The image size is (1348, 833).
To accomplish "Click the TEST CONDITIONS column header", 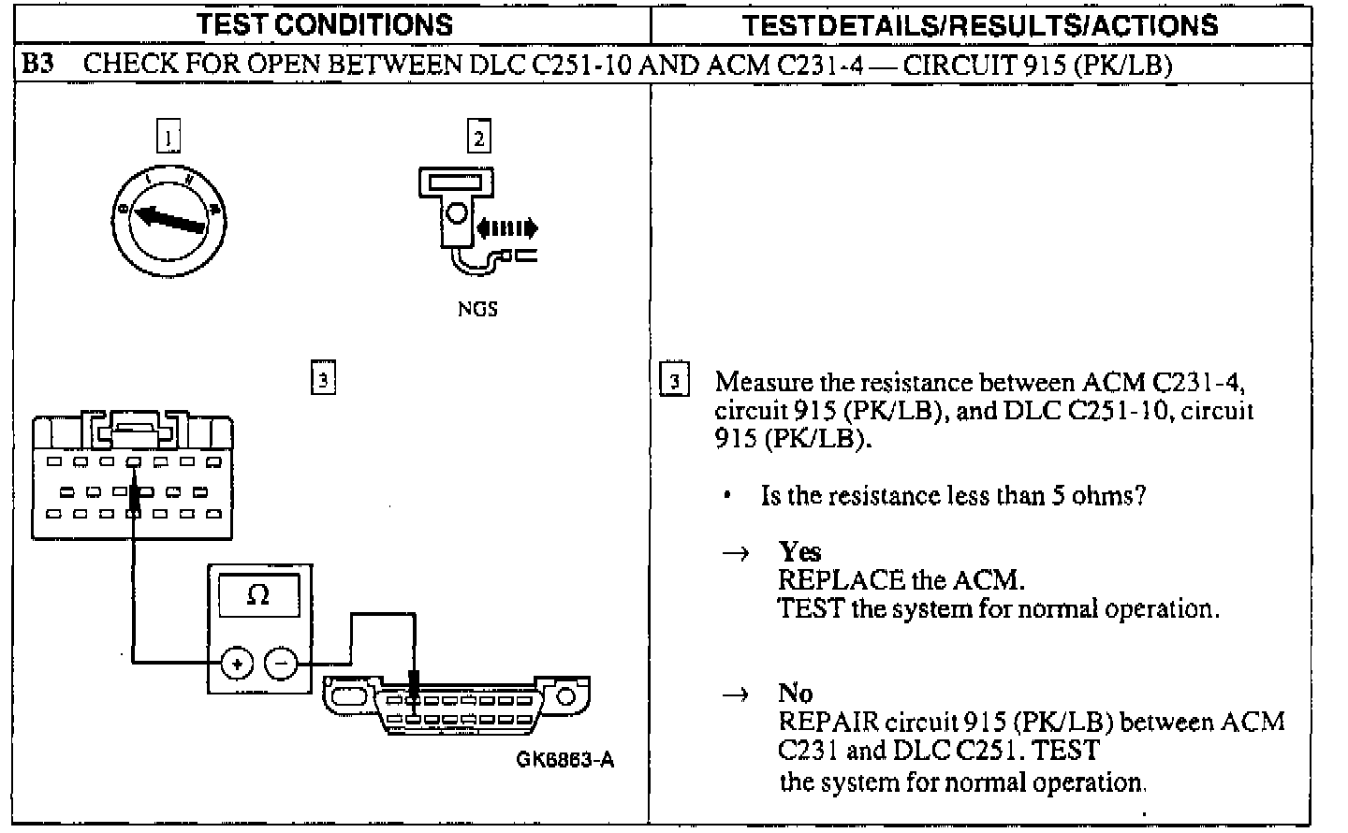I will (324, 24).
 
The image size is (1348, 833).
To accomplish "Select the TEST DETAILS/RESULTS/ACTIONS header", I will (980, 24).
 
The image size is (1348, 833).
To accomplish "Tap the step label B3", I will (38, 65).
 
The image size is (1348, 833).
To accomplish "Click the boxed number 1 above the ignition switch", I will (168, 139).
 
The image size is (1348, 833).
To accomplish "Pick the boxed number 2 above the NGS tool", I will (478, 139).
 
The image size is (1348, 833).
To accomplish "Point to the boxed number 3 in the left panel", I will (322, 379).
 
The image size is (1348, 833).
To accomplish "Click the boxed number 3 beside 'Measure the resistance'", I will (675, 382).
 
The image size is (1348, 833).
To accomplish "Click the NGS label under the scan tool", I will (477, 309).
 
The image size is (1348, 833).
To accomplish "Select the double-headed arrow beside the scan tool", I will (506, 227).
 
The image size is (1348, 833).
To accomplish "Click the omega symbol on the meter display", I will (258, 596).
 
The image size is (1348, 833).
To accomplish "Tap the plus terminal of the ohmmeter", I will (236, 664).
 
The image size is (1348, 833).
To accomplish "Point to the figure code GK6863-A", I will (565, 759).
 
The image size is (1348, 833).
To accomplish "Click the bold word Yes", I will (799, 551).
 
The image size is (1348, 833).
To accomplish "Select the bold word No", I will (795, 693).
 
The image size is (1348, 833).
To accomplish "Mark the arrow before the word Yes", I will (736, 553).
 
